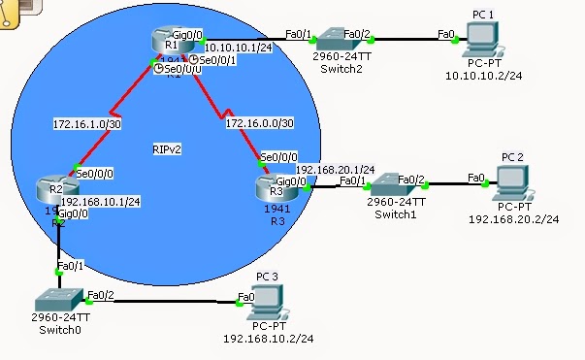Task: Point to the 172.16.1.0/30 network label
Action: (87, 123)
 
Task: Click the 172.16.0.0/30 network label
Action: (258, 124)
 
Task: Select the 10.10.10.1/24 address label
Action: (240, 46)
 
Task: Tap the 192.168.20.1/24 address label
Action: (335, 168)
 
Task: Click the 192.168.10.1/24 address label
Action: (101, 201)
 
